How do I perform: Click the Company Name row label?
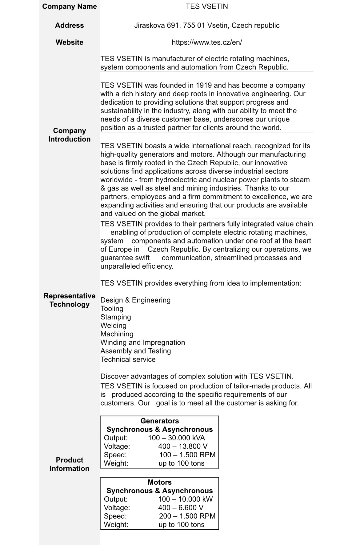pyautogui.click(x=69, y=6)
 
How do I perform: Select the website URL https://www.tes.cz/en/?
pyautogui.click(x=207, y=42)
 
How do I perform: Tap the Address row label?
pyautogui.click(x=69, y=26)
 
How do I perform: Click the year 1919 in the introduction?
pyautogui.click(x=204, y=86)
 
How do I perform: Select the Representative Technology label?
pyautogui.click(x=69, y=300)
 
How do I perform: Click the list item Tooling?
pyautogui.click(x=112, y=309)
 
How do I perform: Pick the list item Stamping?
pyautogui.click(x=116, y=317)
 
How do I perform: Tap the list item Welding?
pyautogui.click(x=113, y=326)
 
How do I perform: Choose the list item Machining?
pyautogui.click(x=117, y=334)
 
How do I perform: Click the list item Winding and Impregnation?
pyautogui.click(x=143, y=343)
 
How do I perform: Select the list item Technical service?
pyautogui.click(x=128, y=359)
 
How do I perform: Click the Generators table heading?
pyautogui.click(x=159, y=421)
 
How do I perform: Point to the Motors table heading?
pyautogui.click(x=159, y=482)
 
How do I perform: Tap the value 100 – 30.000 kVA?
pyautogui.click(x=176, y=438)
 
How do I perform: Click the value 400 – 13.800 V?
pyautogui.click(x=183, y=447)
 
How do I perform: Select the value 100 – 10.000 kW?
pyautogui.click(x=185, y=499)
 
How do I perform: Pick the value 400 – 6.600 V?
pyautogui.click(x=181, y=508)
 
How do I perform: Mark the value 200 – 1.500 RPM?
pyautogui.click(x=187, y=516)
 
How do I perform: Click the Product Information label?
pyautogui.click(x=69, y=464)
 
